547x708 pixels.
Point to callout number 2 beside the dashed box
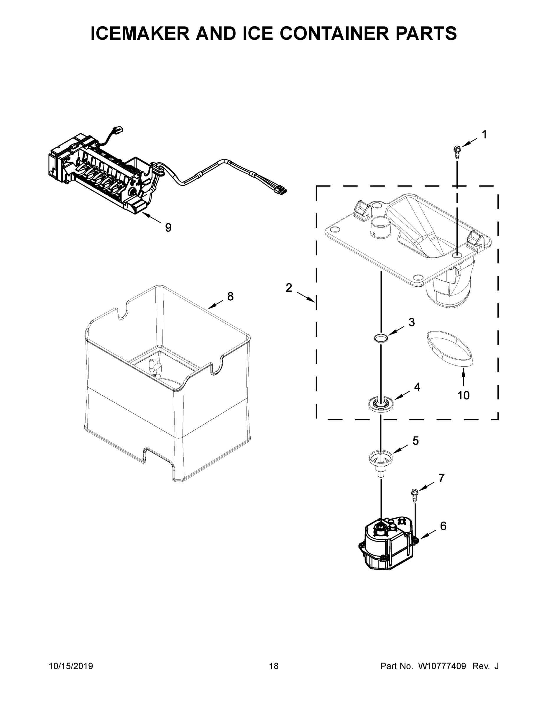pos(289,288)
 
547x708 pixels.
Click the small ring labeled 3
pos(381,338)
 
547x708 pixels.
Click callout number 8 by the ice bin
pos(230,296)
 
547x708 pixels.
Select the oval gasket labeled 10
pos(449,348)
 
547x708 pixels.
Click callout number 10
pos(463,395)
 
